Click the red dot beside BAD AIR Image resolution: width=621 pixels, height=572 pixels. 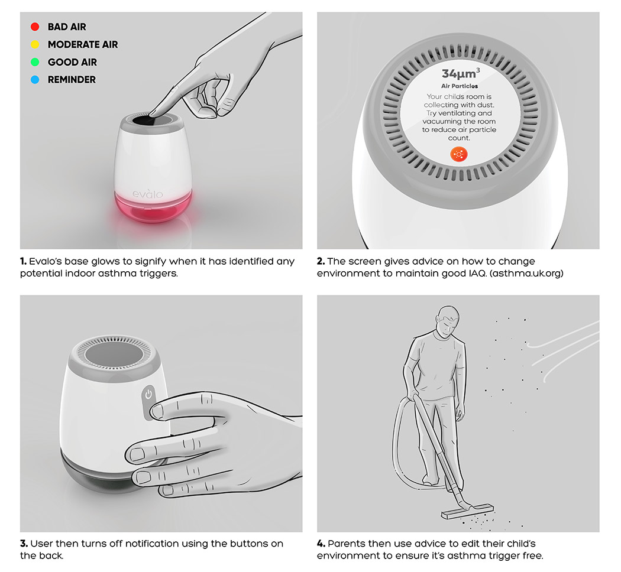35,27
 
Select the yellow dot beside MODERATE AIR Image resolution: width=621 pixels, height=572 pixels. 35,44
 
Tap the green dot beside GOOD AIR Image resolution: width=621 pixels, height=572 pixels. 35,62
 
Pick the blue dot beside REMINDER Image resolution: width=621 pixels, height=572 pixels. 35,79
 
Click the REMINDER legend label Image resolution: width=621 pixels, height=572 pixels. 72,79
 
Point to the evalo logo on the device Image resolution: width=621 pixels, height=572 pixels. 147,193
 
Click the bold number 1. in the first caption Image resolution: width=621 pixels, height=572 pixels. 24,261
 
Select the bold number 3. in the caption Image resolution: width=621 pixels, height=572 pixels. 24,543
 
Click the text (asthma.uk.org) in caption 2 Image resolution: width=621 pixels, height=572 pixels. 529,274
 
